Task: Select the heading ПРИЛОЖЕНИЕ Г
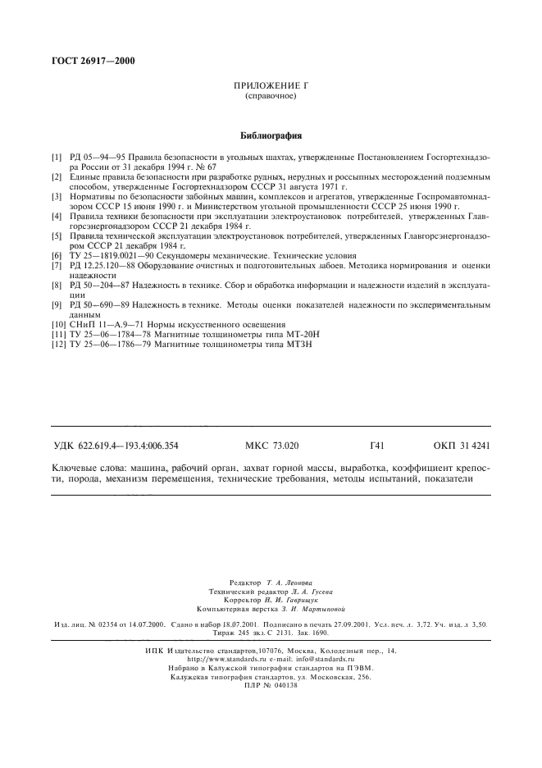tap(270, 85)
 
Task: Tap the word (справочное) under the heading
tap(271, 96)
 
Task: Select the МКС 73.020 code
tap(272, 446)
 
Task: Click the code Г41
tap(377, 446)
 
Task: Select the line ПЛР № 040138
tap(271, 686)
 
